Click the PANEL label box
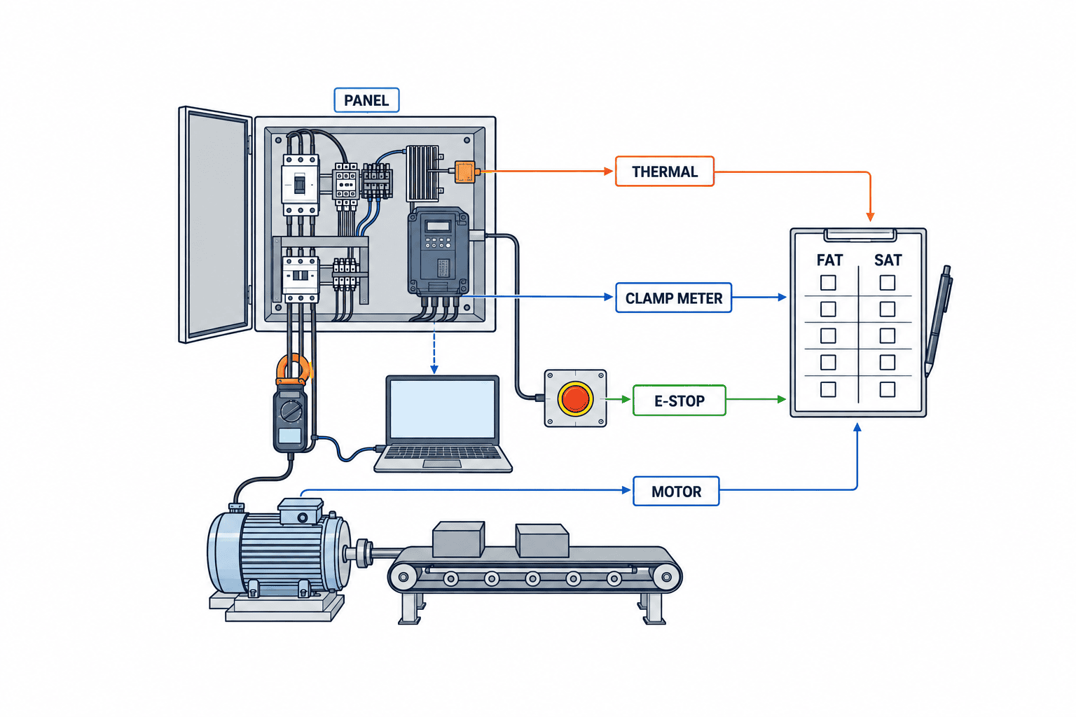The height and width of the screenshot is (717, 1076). [366, 100]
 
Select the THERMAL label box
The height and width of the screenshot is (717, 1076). [664, 172]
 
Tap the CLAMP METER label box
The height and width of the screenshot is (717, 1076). [673, 298]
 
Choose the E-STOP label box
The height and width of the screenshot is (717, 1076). [680, 400]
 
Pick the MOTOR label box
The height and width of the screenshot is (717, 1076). [676, 491]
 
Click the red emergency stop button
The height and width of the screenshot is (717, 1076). [575, 398]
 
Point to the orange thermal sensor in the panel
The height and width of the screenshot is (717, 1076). [464, 172]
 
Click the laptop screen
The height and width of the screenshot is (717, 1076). [443, 409]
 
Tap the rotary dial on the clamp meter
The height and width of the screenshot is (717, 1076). [291, 410]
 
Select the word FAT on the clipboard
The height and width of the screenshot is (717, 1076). [829, 260]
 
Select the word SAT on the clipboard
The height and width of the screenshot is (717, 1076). [888, 260]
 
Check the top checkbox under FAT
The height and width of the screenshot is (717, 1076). [827, 282]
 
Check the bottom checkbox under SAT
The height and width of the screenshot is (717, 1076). [888, 389]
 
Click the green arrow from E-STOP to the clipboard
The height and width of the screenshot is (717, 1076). [756, 399]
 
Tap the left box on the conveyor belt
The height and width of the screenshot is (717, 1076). [458, 539]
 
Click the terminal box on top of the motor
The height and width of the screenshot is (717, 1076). [301, 511]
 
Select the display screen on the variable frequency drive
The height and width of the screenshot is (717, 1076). [438, 226]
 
